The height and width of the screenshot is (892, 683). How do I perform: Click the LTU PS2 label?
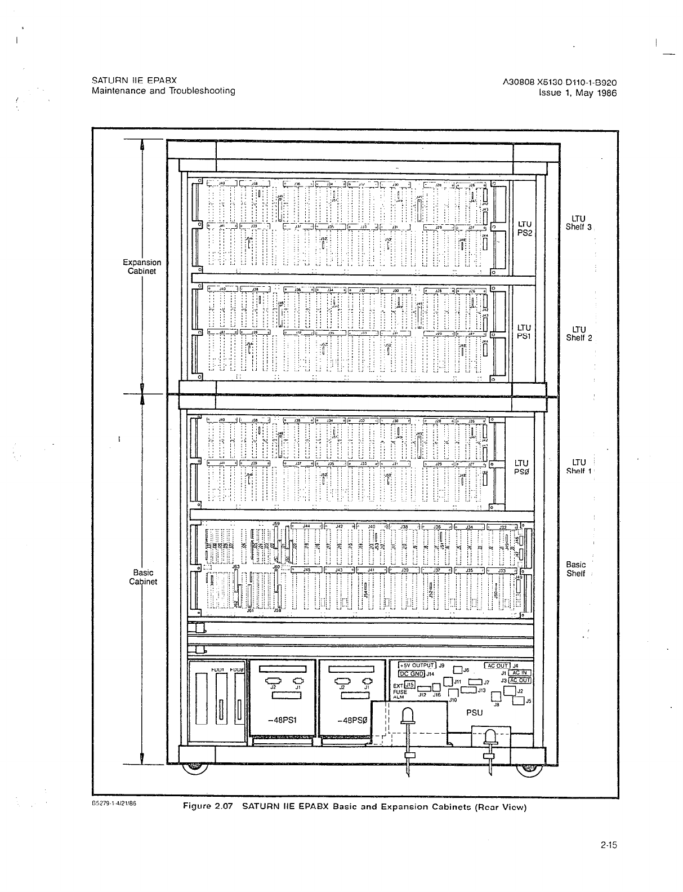524,228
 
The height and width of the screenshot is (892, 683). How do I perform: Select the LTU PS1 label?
524,331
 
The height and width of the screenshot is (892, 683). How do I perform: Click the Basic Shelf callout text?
575,569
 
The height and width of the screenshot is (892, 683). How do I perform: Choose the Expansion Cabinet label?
142,267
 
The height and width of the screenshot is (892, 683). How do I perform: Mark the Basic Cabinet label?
142,577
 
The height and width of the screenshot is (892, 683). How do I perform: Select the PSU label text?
475,712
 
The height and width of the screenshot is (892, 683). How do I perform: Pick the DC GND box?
411,673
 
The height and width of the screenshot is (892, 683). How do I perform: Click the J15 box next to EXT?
410,684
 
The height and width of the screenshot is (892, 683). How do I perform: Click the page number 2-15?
609,845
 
